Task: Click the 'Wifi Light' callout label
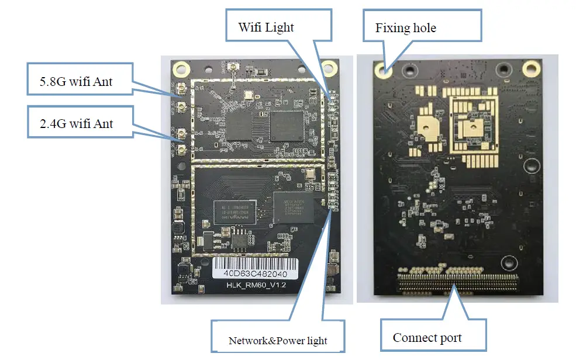pyautogui.click(x=265, y=27)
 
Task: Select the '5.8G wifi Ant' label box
pyautogui.click(x=76, y=81)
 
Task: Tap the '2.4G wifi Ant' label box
pyautogui.click(x=77, y=123)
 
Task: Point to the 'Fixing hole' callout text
pyautogui.click(x=406, y=28)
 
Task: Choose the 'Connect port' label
pyautogui.click(x=427, y=337)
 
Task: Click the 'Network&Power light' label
pyautogui.click(x=278, y=340)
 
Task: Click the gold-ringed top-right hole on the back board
pyautogui.click(x=531, y=69)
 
